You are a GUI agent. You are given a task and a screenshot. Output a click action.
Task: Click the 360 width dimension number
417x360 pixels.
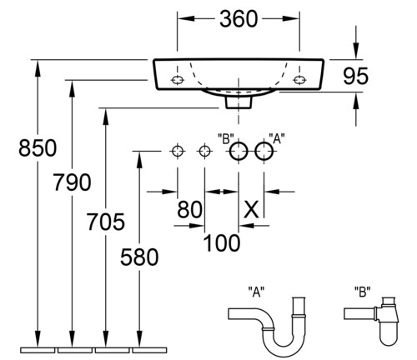(239, 19)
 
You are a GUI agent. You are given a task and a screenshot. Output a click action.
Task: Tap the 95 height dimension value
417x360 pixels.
(355, 76)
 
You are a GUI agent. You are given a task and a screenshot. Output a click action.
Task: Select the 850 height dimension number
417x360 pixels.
(38, 147)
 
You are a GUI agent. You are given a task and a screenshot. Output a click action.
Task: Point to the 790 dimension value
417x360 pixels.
(72, 182)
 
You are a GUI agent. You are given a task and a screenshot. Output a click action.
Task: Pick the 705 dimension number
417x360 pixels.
(106, 222)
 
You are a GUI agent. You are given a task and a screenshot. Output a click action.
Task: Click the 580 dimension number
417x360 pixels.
(139, 257)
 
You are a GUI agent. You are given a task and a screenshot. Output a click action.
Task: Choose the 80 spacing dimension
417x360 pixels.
(189, 209)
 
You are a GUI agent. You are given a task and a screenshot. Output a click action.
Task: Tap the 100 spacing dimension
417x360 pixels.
(222, 242)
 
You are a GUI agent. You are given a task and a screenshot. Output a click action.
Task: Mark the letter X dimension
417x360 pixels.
(251, 209)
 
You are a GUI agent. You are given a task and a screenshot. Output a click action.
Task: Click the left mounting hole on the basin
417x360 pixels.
(178, 80)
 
